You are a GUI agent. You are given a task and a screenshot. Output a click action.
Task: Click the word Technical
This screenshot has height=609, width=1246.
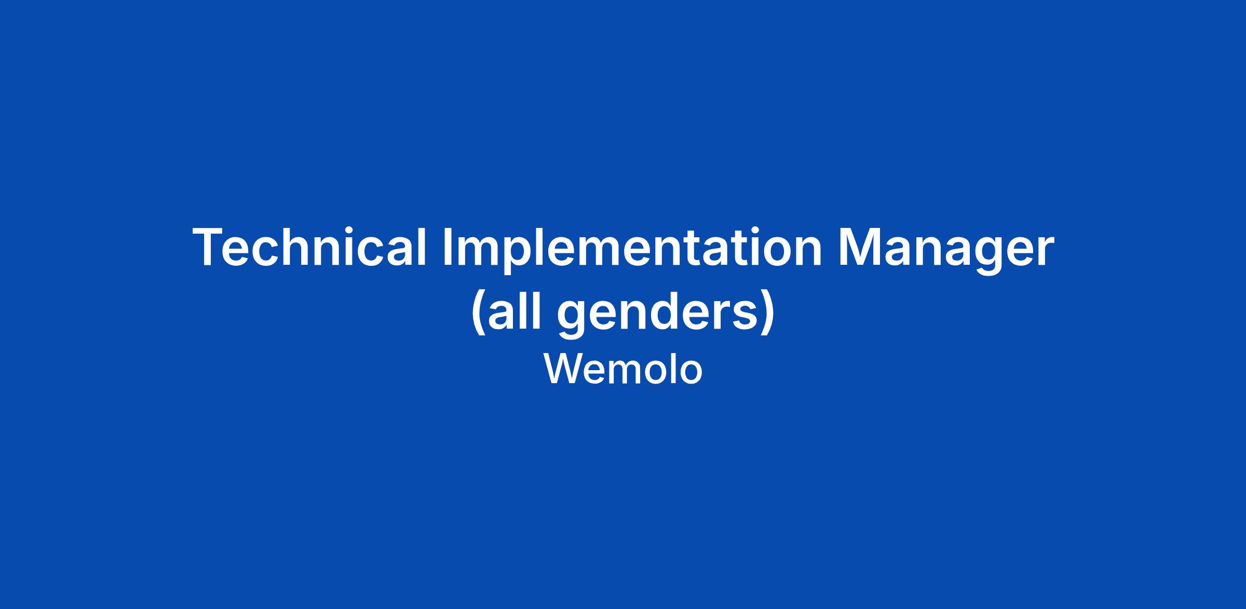tap(309, 248)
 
